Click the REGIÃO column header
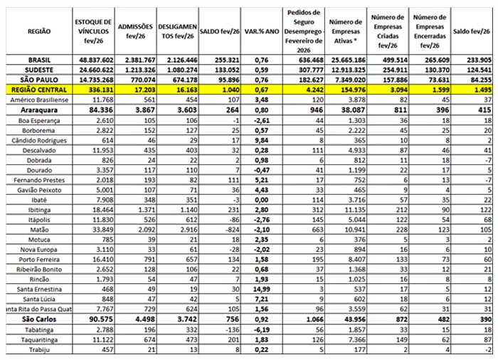click(38, 31)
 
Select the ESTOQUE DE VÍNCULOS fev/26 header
click(94, 31)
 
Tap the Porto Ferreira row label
click(28, 260)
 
